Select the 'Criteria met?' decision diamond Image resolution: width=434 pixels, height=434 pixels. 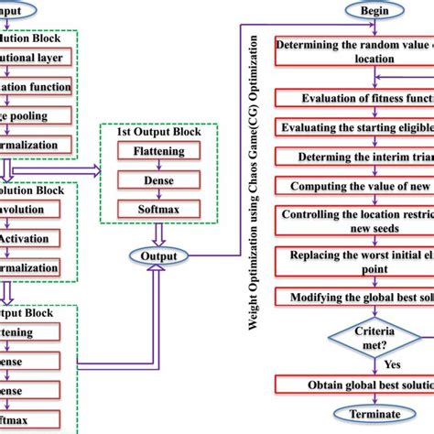pos(373,334)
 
